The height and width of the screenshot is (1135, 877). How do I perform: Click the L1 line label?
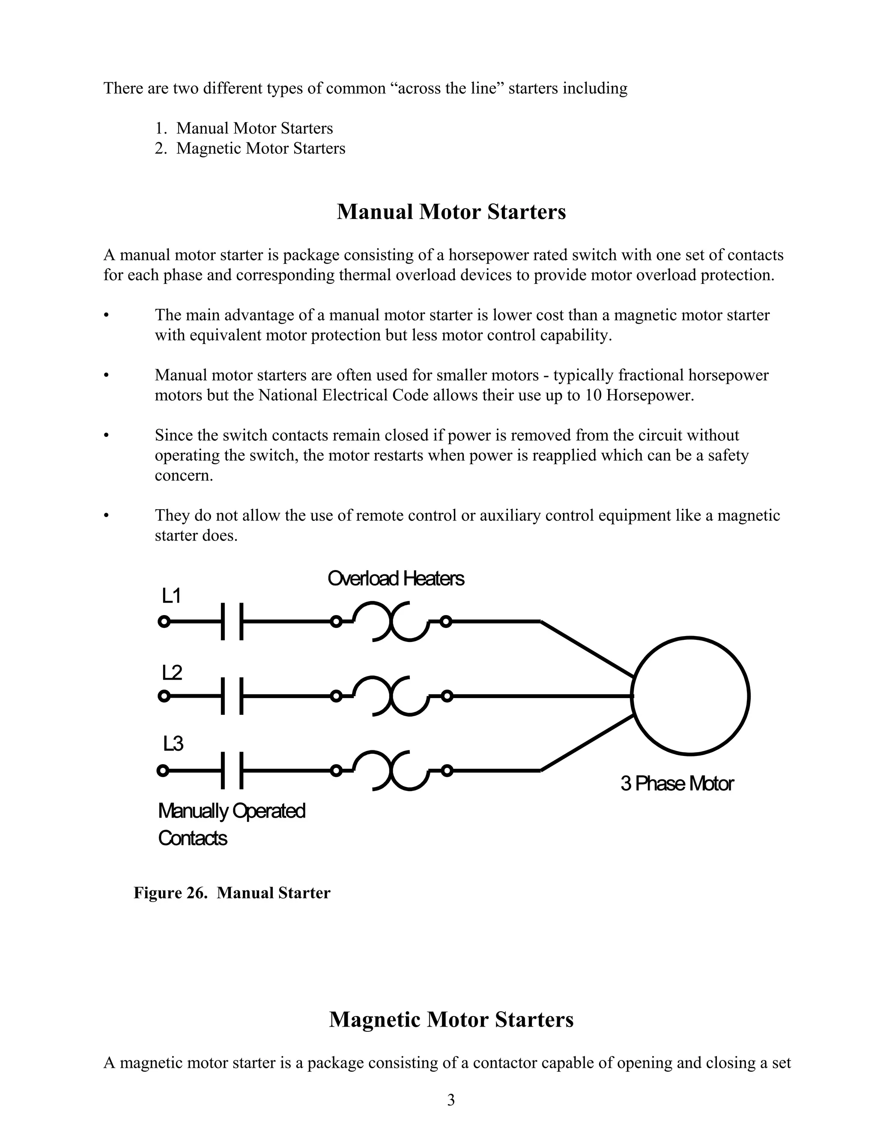pos(171,596)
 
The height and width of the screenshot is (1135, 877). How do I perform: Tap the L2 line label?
pos(172,672)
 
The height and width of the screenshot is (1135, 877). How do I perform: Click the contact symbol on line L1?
pos(232,621)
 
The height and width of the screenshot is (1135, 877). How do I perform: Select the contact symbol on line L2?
pos(232,696)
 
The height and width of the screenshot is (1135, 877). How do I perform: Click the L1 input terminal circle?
pos(164,621)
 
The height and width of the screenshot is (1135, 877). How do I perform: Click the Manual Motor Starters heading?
pos(451,212)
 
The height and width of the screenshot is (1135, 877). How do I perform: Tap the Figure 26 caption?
pos(232,893)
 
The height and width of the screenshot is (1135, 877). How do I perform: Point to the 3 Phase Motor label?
pos(677,783)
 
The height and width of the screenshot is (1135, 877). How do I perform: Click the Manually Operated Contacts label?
pos(231,825)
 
